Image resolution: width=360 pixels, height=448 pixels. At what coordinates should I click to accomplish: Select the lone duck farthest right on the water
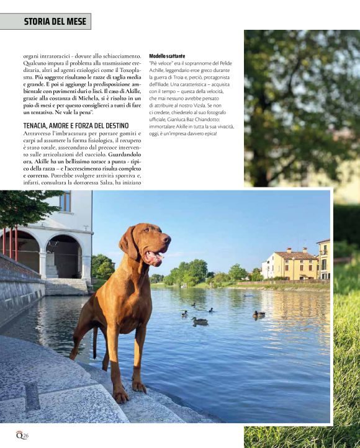pyautogui.click(x=258, y=315)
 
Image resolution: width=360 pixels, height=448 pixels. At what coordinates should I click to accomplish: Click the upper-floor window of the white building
pyautogui.click(x=65, y=202)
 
